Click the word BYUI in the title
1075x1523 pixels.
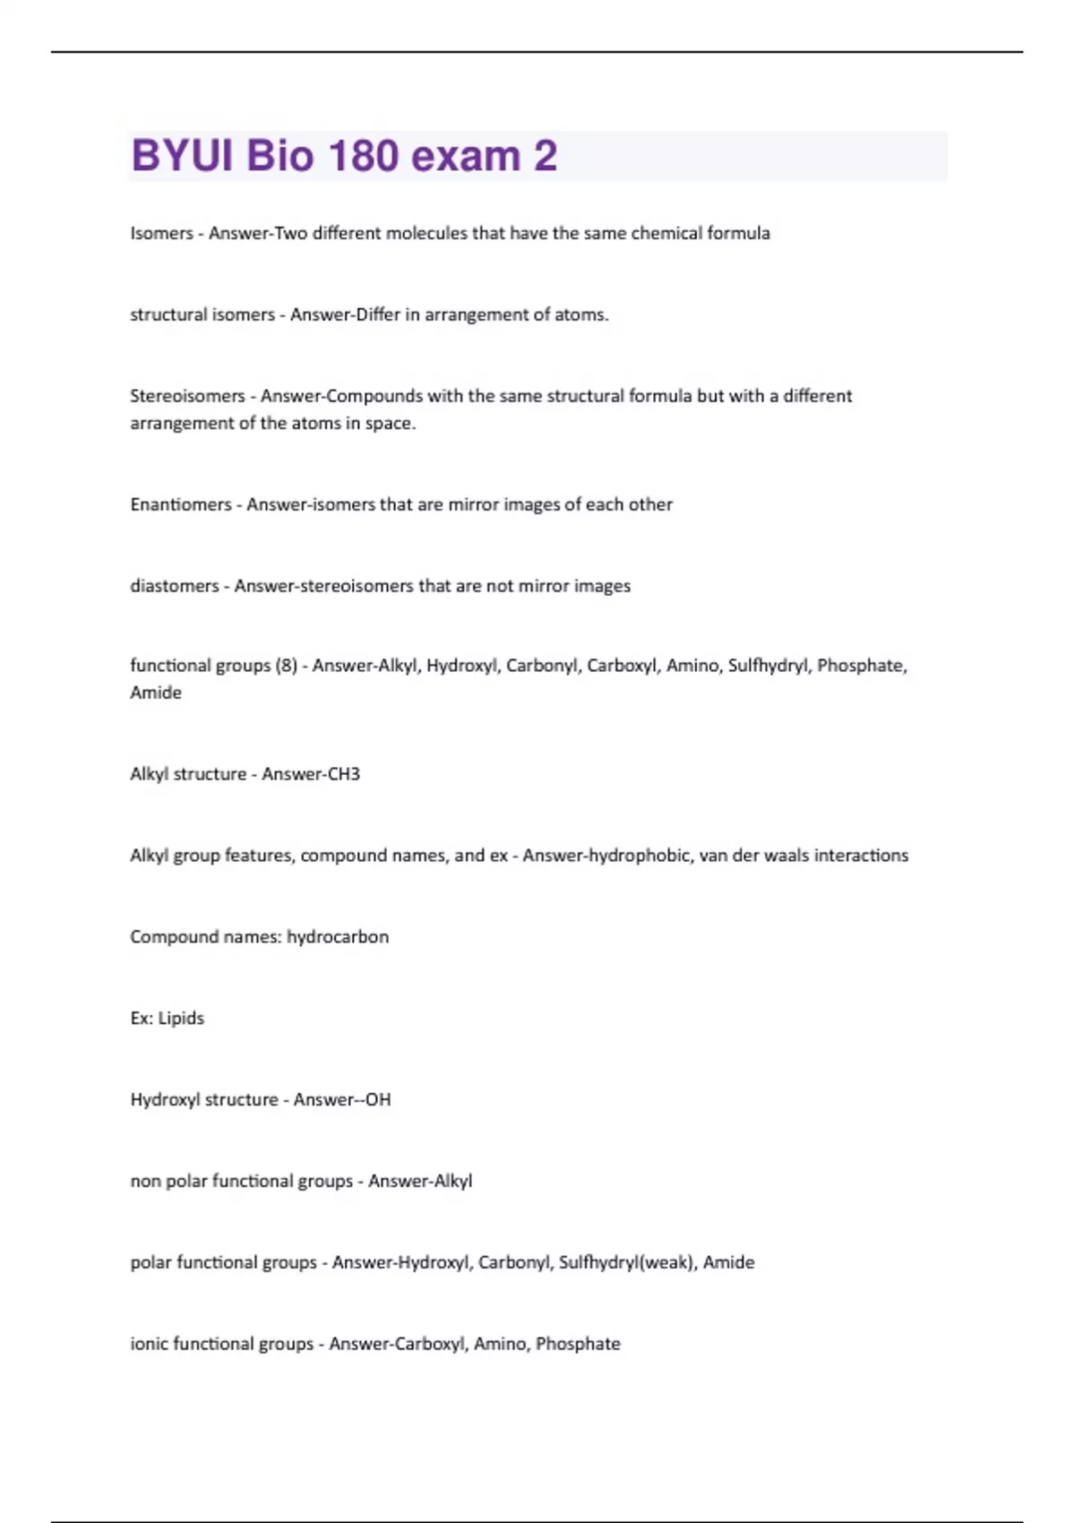(182, 156)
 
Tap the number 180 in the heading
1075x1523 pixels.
(364, 156)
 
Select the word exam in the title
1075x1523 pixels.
(466, 156)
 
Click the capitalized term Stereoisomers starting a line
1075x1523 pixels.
(187, 396)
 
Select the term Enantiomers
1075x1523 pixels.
(181, 504)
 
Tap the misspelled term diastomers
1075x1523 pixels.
(175, 586)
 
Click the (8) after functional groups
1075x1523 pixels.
(287, 666)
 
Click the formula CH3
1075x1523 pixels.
(343, 774)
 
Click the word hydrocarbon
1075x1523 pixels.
(338, 937)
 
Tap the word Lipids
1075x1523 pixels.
(181, 1019)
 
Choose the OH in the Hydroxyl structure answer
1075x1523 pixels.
(378, 1100)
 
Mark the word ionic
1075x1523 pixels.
(149, 1344)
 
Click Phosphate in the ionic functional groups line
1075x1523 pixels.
(578, 1344)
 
